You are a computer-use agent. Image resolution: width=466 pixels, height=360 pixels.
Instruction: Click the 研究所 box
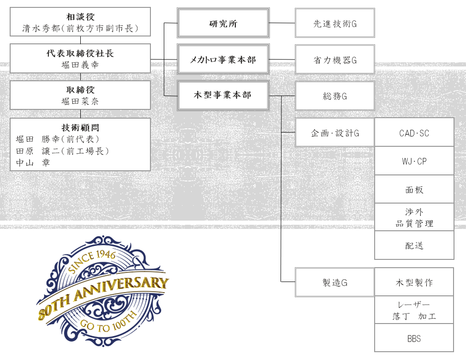223,23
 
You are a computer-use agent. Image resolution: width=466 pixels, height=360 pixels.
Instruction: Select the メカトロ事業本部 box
223,59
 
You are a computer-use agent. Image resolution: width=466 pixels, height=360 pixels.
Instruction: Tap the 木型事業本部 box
223,96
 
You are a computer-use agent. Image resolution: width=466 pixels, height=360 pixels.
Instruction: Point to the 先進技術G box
335,23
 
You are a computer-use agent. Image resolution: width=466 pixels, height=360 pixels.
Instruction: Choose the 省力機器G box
335,59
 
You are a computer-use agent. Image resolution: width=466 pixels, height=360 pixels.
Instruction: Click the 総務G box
335,96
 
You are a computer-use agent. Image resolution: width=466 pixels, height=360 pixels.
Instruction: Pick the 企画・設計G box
335,132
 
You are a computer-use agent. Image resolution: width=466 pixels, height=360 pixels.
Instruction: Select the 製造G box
335,282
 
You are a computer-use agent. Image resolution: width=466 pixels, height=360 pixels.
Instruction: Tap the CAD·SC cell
414,132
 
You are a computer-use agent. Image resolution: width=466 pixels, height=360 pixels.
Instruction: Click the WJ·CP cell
414,161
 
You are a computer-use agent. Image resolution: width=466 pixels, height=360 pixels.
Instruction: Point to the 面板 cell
414,189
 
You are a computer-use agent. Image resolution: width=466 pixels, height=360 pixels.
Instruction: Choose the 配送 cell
414,245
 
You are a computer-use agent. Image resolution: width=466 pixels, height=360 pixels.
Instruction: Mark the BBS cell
414,338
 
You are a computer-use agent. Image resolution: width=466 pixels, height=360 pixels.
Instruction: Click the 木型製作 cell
414,282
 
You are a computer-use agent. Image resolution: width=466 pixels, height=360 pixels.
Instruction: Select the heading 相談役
80,17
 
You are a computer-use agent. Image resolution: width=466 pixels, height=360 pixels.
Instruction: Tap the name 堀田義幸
80,65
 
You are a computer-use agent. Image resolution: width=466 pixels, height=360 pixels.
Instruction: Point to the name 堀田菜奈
80,102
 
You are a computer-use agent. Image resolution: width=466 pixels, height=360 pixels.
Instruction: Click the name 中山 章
33,162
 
